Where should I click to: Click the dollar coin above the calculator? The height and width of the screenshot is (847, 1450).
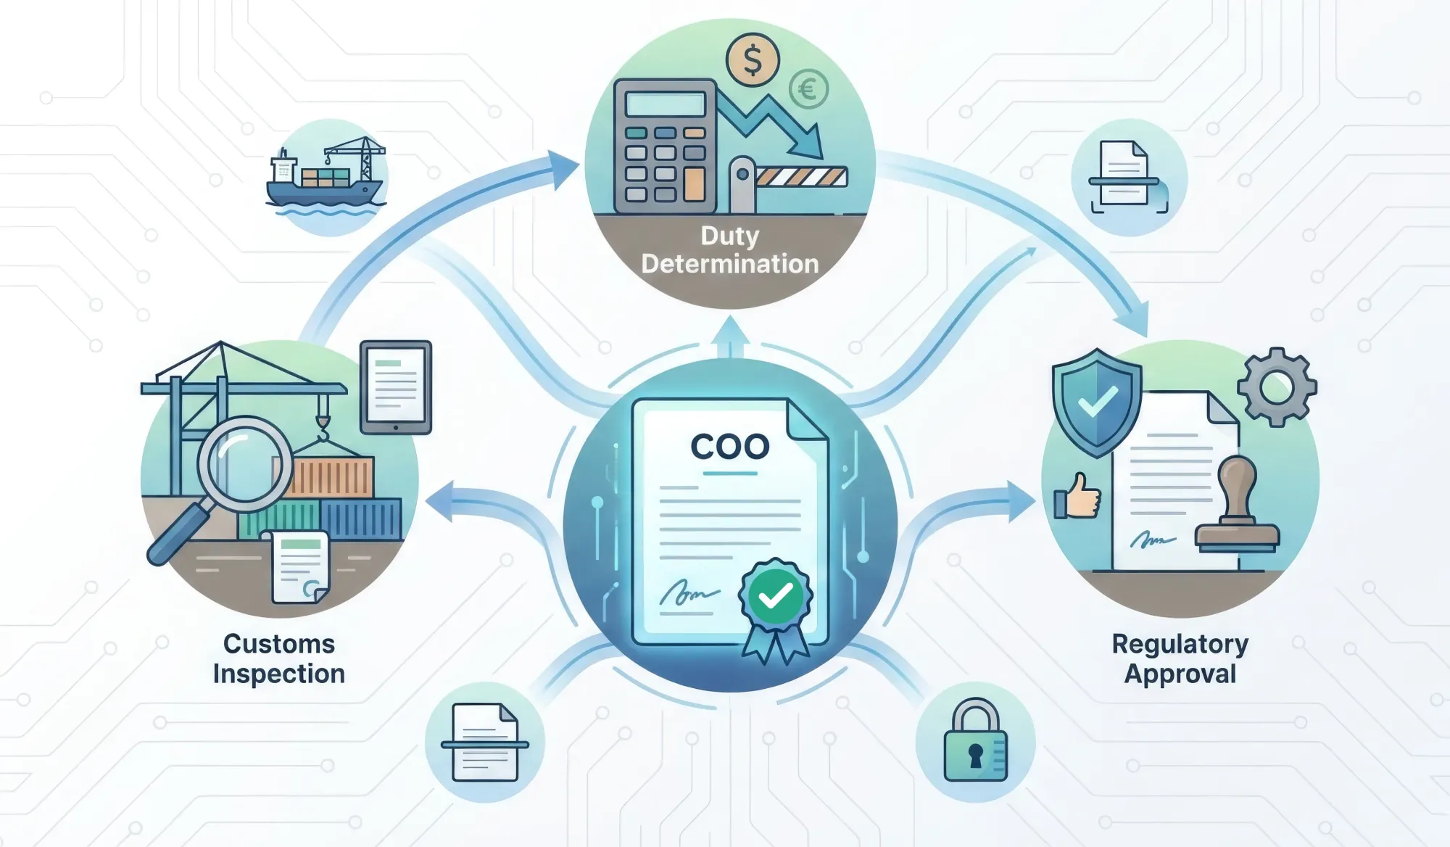[x=753, y=60]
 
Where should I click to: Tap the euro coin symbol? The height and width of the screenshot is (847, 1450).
[x=808, y=90]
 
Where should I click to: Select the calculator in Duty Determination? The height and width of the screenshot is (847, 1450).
[x=666, y=144]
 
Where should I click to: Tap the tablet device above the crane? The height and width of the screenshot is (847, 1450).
[x=396, y=387]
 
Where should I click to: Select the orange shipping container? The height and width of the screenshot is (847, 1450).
[x=333, y=477]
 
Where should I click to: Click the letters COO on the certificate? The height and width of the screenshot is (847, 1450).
[x=729, y=447]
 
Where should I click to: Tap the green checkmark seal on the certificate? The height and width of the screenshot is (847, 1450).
[x=775, y=596]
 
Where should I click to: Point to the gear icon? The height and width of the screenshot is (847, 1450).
[x=1277, y=387]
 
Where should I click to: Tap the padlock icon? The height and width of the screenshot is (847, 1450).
[x=975, y=743]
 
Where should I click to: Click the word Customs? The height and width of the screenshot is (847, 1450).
[x=279, y=644]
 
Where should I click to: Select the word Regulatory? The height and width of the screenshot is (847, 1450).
[x=1180, y=644]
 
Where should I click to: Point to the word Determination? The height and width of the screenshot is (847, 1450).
[x=729, y=264]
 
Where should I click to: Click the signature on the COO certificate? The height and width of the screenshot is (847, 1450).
[x=688, y=595]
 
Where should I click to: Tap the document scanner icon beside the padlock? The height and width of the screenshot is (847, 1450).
[x=485, y=743]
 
